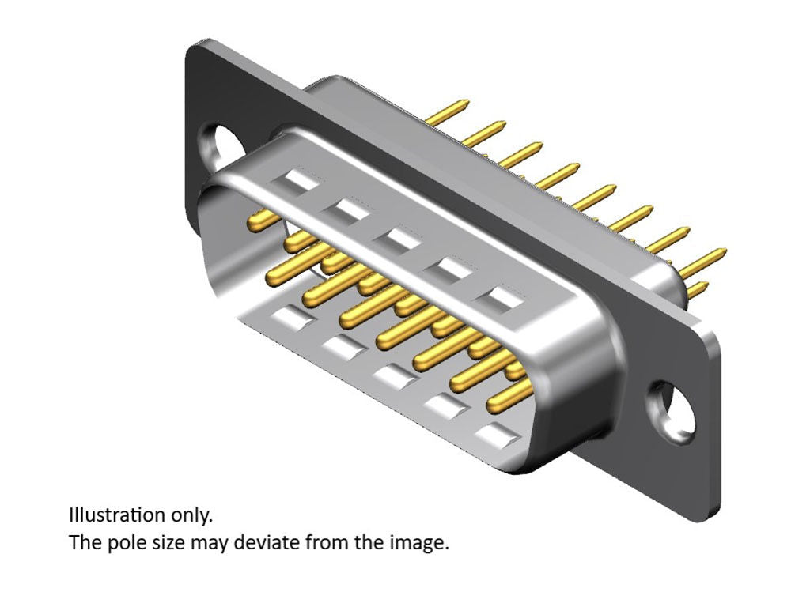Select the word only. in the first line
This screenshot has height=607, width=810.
[x=192, y=515]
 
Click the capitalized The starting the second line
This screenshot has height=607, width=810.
[x=83, y=543]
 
